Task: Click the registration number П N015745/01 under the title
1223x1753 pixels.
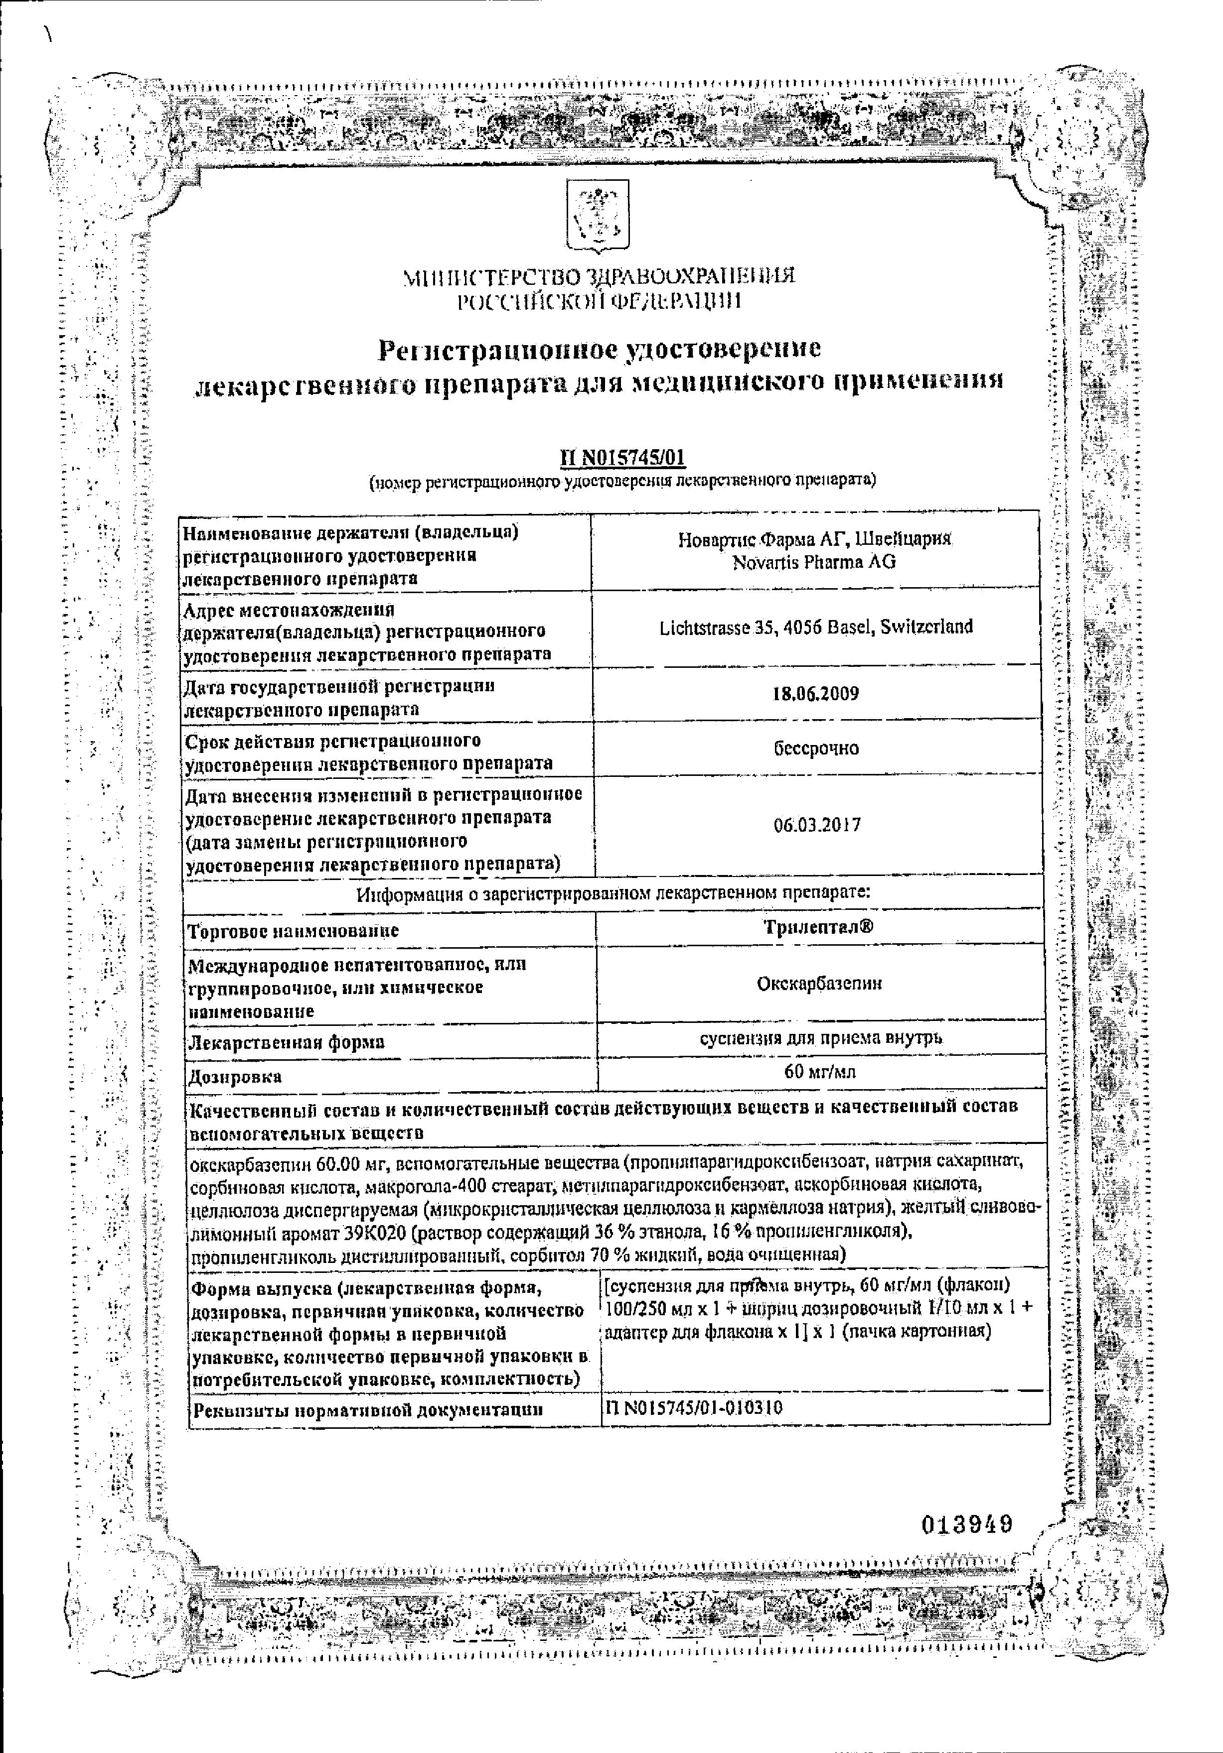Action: pos(622,457)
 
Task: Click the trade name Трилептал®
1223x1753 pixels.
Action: pos(817,927)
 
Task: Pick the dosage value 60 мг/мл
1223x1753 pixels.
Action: pos(820,1071)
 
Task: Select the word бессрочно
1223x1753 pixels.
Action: pos(816,748)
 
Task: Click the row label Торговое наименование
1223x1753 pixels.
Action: pos(294,931)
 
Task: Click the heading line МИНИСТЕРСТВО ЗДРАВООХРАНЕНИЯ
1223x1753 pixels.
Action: pos(599,275)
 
